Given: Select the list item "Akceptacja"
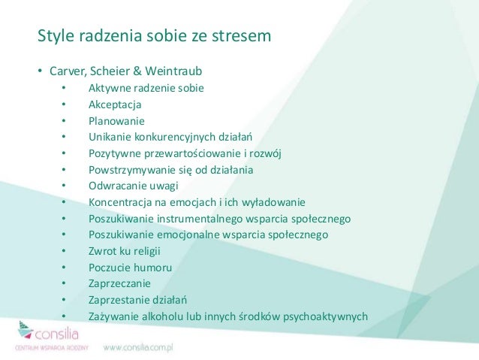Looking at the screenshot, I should [115, 104].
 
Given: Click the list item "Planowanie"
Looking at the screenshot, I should [116, 121].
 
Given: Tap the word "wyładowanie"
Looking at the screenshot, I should [273, 202].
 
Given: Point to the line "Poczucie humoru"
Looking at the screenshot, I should [130, 268].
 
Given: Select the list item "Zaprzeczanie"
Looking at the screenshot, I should [119, 283].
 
